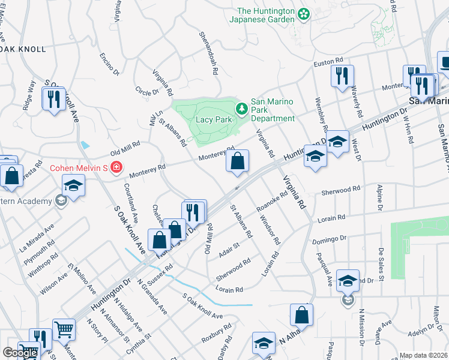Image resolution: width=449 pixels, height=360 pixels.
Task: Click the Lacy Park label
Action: click(214, 119)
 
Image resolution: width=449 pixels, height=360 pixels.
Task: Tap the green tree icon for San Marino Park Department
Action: click(241, 109)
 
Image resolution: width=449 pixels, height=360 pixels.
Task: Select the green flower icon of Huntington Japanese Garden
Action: click(304, 13)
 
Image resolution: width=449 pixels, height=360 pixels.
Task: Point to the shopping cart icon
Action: click(64, 329)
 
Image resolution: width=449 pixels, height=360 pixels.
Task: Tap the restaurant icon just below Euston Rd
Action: click(343, 76)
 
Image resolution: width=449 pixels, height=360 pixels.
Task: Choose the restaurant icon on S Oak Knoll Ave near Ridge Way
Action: click(55, 97)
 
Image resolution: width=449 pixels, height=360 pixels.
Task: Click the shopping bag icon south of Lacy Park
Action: click(238, 161)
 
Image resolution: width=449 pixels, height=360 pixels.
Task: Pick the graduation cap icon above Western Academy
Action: click(73, 185)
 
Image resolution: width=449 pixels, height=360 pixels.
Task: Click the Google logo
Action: click(20, 353)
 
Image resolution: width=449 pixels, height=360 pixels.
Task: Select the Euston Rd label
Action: click(328, 61)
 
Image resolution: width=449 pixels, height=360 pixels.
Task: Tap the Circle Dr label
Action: click(147, 92)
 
